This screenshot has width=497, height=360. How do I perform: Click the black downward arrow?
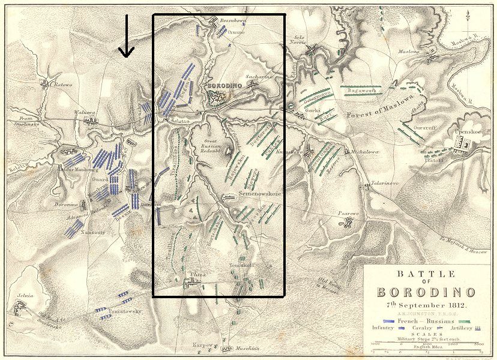[x=125, y=37]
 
